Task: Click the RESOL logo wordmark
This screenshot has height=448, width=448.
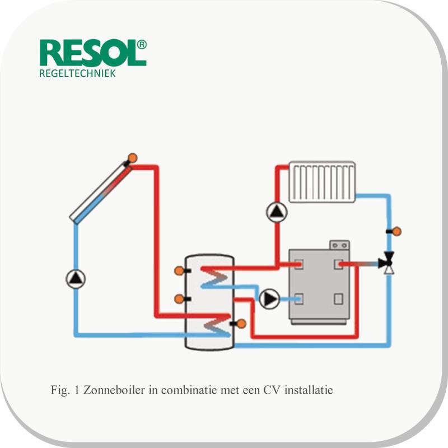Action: pyautogui.click(x=89, y=53)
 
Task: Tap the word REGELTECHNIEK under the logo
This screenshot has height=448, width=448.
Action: pyautogui.click(x=77, y=73)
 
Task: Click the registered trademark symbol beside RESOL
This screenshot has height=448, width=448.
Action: pyautogui.click(x=142, y=45)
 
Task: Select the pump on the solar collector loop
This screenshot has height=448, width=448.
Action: pyautogui.click(x=76, y=279)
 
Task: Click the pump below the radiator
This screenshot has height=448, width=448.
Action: pyautogui.click(x=277, y=212)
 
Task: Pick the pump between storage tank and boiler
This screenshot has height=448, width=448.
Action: pyautogui.click(x=269, y=299)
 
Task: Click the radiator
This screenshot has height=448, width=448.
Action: pyautogui.click(x=322, y=182)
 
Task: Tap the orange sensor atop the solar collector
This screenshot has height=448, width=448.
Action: pyautogui.click(x=132, y=158)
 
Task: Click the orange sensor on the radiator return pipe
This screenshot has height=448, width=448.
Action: pyautogui.click(x=396, y=231)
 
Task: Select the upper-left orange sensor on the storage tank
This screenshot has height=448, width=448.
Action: pyautogui.click(x=179, y=270)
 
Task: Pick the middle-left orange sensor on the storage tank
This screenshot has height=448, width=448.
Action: pyautogui.click(x=179, y=299)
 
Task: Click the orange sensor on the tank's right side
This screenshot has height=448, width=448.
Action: pyautogui.click(x=241, y=324)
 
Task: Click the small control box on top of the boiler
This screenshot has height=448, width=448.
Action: pyautogui.click(x=339, y=245)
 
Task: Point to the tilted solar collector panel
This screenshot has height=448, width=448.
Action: pyautogui.click(x=101, y=193)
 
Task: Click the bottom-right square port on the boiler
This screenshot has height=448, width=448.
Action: pyautogui.click(x=339, y=299)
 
